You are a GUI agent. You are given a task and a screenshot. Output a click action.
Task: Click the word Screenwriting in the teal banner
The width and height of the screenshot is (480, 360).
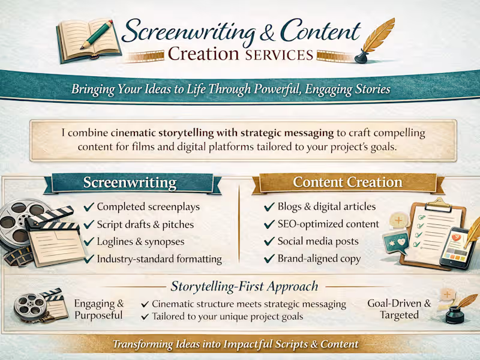[x=130, y=182]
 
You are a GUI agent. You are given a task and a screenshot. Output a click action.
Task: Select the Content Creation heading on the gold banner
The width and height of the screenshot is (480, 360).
[x=347, y=182]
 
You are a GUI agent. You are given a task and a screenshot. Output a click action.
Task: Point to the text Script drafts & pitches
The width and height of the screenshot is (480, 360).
[x=145, y=224]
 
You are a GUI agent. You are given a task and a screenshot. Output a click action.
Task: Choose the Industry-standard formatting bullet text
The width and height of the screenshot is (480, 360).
[x=159, y=259]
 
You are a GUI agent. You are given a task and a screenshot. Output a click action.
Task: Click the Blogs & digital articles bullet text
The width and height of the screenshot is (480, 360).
[x=326, y=206]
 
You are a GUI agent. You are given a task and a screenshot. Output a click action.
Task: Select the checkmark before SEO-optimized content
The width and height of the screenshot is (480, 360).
[x=269, y=224]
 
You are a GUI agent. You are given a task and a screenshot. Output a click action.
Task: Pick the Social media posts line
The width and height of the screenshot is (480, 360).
[x=317, y=241]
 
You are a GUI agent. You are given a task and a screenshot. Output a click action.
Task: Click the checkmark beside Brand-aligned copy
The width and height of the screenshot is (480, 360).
[x=269, y=259]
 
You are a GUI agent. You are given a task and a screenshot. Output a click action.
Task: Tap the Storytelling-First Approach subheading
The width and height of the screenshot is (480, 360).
[x=244, y=286]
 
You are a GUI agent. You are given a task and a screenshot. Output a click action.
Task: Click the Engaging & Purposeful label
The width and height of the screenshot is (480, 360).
[x=99, y=309]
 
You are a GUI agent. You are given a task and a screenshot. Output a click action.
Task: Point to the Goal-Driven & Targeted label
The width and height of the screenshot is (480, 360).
[x=398, y=309]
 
